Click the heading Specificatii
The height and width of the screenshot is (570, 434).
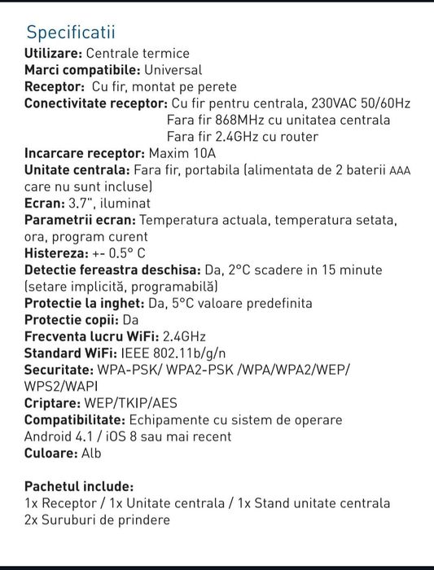coord(71,33)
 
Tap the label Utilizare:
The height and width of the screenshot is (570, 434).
coord(53,54)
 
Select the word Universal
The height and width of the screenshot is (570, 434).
coord(173,71)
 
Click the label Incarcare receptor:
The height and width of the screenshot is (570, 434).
coord(85,153)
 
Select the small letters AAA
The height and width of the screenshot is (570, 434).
coord(401,170)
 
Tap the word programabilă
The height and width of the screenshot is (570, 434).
coord(175,287)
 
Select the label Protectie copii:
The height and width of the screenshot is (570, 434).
coord(70,320)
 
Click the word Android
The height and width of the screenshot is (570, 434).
coord(46,436)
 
